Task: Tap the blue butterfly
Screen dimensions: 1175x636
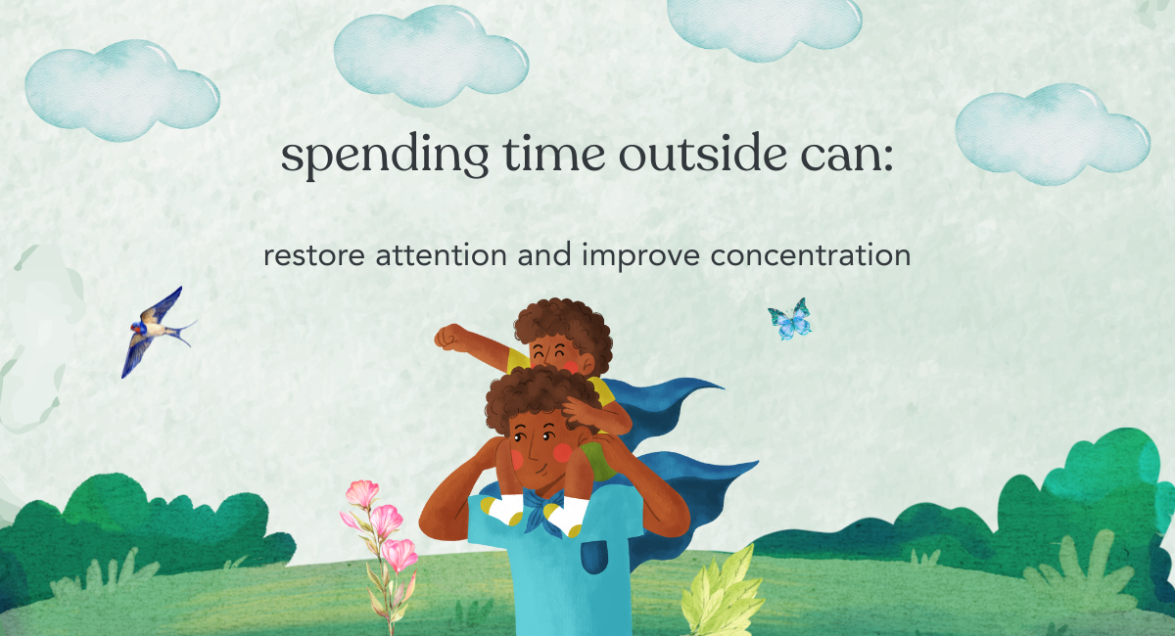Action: [x=790, y=319]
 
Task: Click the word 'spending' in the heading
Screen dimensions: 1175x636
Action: [x=385, y=156]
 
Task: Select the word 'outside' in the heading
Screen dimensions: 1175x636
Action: [x=703, y=154]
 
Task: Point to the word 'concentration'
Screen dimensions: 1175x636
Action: [x=811, y=255]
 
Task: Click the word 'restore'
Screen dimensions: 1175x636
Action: [x=314, y=255]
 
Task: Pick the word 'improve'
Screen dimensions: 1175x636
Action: [x=641, y=256]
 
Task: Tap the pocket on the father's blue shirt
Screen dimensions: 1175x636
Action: [x=594, y=557]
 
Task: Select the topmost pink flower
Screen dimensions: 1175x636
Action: [x=362, y=493]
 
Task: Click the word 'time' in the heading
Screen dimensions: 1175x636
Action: [x=554, y=154]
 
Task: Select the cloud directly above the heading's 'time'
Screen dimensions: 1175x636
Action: [x=431, y=56]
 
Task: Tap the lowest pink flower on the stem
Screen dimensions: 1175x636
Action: [x=399, y=555]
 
